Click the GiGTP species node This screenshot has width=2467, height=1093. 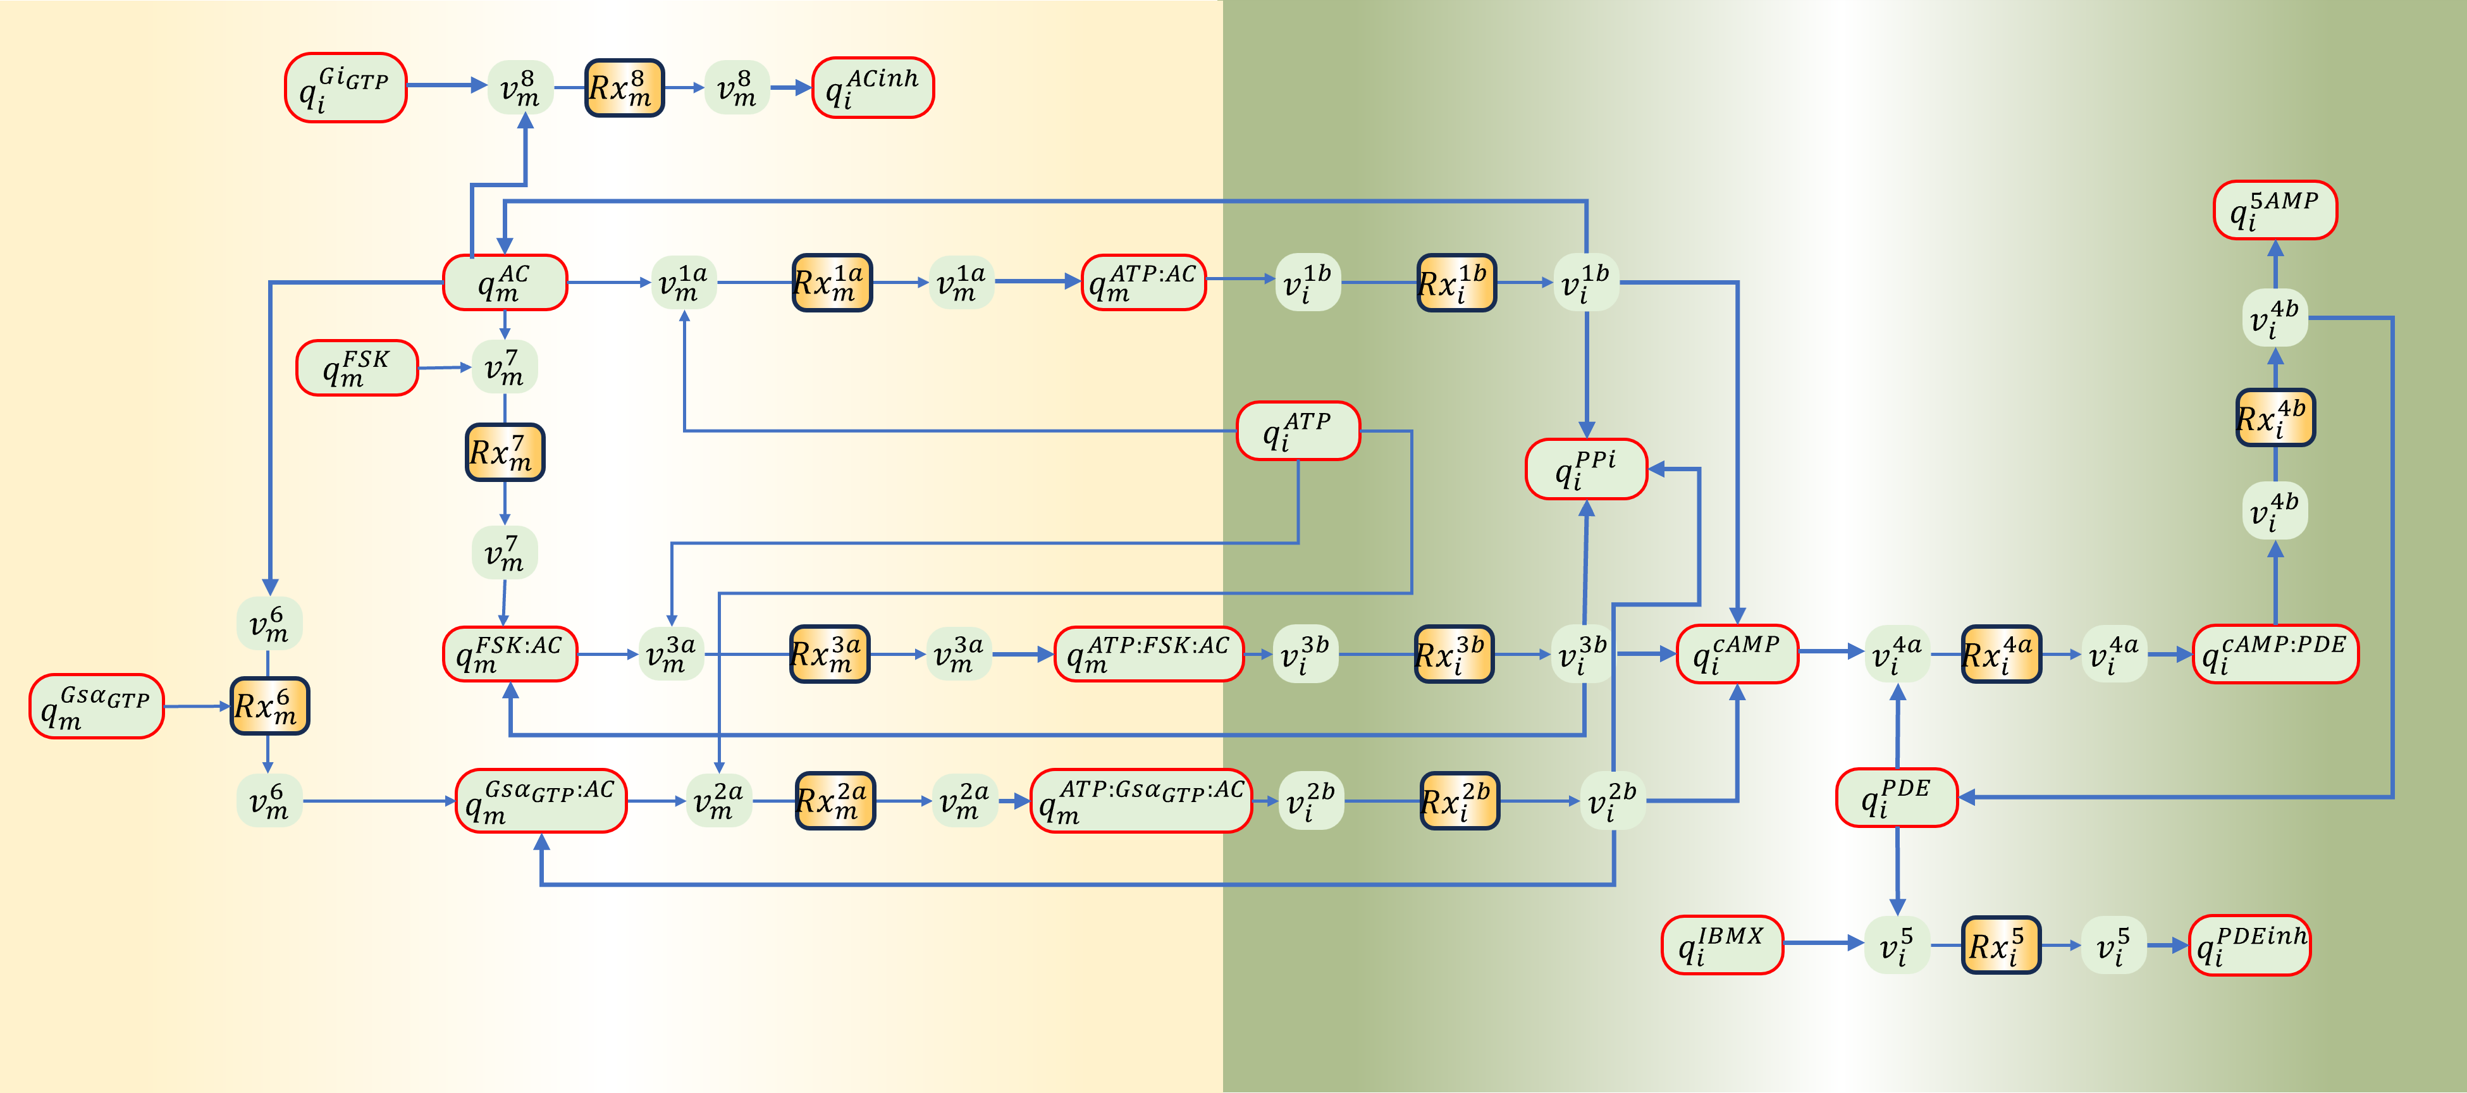[x=346, y=88]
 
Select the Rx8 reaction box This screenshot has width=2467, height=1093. [x=624, y=88]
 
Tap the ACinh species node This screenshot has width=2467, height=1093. [x=873, y=88]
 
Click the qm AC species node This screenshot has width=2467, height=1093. [x=505, y=283]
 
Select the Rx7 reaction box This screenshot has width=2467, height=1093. [x=505, y=452]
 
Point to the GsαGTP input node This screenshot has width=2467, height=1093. [x=97, y=706]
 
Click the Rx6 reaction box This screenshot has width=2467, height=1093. [x=269, y=706]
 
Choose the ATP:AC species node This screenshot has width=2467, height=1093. [x=1143, y=283]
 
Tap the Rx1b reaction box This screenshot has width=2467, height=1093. [x=1456, y=283]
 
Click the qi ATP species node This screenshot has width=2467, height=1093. [x=1298, y=431]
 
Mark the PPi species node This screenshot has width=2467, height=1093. [x=1586, y=469]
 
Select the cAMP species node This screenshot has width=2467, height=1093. [x=1737, y=654]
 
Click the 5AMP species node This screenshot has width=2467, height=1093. [x=2275, y=210]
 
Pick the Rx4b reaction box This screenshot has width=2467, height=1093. [x=2275, y=417]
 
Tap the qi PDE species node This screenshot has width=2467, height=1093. [x=1897, y=797]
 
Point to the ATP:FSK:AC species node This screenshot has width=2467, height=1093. [x=1149, y=654]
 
